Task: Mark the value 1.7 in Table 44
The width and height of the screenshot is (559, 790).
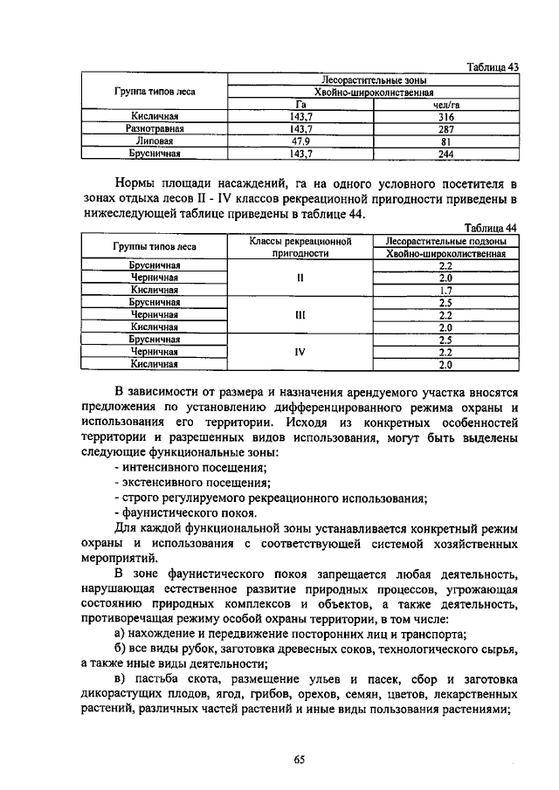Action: pos(445,290)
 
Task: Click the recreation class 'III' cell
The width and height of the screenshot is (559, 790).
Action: pos(300,315)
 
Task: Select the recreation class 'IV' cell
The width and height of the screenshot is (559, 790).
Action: pos(300,353)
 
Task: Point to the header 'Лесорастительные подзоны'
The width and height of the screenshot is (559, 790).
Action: pos(445,241)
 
